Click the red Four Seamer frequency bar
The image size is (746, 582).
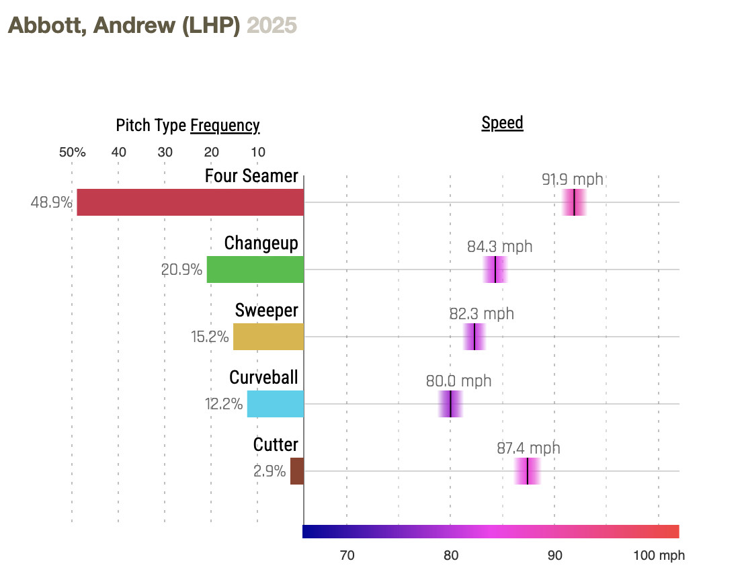pos(190,202)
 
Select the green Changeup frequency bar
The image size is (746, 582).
pos(255,269)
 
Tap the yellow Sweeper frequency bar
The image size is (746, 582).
pos(268,337)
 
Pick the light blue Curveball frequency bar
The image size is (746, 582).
pos(275,404)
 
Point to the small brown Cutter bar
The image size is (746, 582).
pos(296,471)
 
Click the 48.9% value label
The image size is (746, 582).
pos(52,202)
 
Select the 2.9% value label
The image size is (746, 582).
pos(270,471)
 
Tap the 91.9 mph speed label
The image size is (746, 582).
pos(573,179)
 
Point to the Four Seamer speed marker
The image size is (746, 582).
pos(574,202)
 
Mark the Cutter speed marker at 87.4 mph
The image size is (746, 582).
pos(528,471)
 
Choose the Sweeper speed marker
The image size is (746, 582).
pos(474,337)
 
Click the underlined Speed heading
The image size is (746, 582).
pos(502,123)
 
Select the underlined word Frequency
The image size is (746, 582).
pos(224,126)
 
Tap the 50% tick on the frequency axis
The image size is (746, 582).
pos(72,152)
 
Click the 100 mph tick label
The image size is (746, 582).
pos(659,556)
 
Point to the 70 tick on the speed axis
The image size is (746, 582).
pos(347,556)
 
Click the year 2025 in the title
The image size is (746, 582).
pos(272,26)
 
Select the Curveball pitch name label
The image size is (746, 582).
pos(263,378)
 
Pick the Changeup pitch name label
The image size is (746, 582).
pos(261,243)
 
